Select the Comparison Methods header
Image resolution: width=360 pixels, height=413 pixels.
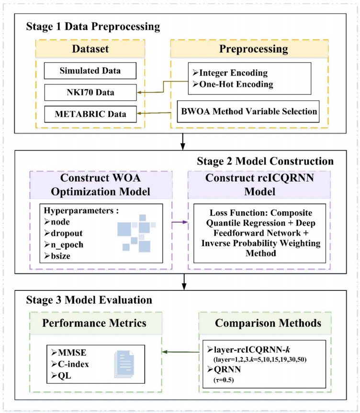(x=261, y=323)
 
